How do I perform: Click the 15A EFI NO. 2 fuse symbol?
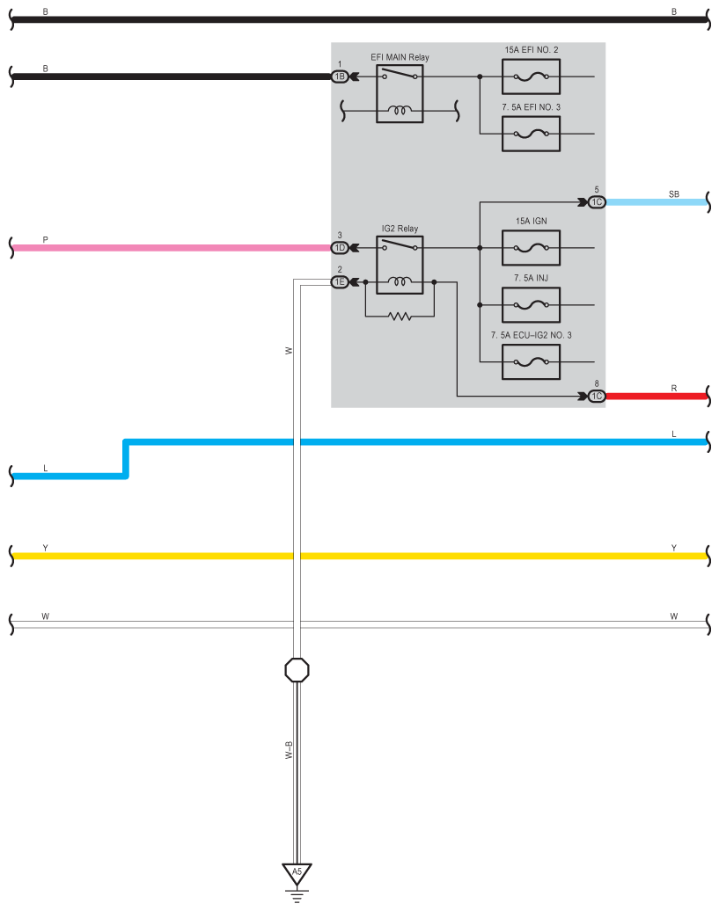531,77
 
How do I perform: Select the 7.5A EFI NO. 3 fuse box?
531,134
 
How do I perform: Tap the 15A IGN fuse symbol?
531,247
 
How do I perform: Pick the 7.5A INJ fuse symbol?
531,304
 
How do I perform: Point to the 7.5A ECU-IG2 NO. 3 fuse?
531,361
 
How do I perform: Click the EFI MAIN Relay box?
400,93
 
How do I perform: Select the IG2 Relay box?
400,265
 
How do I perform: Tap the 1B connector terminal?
340,77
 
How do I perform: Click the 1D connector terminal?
340,247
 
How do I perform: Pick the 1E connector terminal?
340,281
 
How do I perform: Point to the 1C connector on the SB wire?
597,202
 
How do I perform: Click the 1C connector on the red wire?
597,397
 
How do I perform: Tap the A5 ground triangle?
297,874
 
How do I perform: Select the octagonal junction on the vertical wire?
297,670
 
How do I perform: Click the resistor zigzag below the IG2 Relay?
400,316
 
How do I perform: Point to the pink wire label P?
46,239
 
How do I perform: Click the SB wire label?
673,194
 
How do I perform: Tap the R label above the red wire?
673,388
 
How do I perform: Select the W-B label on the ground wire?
289,750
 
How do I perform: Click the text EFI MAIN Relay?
400,57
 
